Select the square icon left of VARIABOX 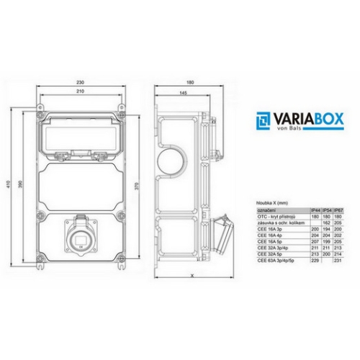pos(264,120)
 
